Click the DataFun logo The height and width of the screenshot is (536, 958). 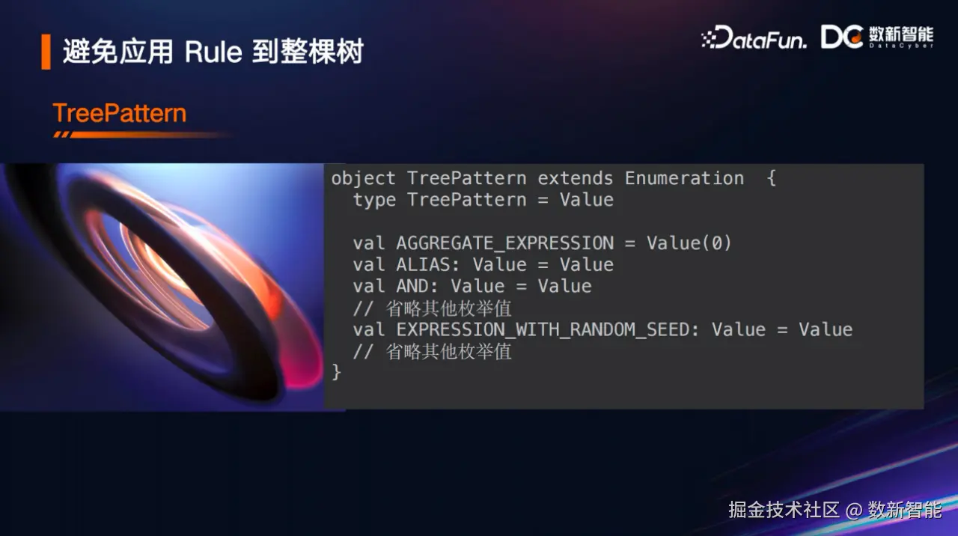pyautogui.click(x=754, y=37)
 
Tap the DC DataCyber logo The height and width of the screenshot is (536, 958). pyautogui.click(x=876, y=37)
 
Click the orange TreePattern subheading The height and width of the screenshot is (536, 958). pyautogui.click(x=120, y=113)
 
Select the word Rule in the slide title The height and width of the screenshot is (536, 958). pyautogui.click(x=213, y=52)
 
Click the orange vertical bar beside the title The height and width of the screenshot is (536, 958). pyautogui.click(x=46, y=52)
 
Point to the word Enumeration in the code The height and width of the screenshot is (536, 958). pyautogui.click(x=684, y=178)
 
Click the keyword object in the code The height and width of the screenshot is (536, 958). pyautogui.click(x=363, y=179)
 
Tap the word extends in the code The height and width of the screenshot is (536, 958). pyautogui.click(x=576, y=178)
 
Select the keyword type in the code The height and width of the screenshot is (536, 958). pyautogui.click(x=374, y=201)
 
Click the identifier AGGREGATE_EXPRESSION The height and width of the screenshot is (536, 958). pyautogui.click(x=505, y=243)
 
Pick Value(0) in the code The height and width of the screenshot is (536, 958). pyautogui.click(x=689, y=243)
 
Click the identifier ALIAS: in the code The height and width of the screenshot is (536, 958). pyautogui.click(x=427, y=265)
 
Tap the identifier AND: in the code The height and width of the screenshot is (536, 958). pyautogui.click(x=417, y=286)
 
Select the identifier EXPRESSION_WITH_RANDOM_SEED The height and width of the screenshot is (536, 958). pyautogui.click(x=543, y=330)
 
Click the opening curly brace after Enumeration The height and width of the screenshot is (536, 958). pyautogui.click(x=772, y=178)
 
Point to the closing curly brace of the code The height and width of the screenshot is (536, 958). pyautogui.click(x=337, y=372)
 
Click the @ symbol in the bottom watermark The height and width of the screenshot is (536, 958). pyautogui.click(x=853, y=511)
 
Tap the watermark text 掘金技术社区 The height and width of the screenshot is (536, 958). pyautogui.click(x=784, y=510)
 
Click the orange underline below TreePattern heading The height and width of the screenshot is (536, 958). pyautogui.click(x=141, y=135)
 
